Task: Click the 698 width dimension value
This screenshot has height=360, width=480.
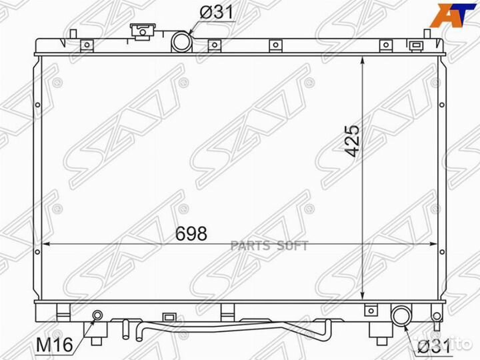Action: point(191,233)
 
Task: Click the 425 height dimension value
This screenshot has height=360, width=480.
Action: point(351,141)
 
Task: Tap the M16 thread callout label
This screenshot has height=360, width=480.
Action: point(55,345)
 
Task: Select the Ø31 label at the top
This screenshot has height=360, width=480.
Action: point(217,13)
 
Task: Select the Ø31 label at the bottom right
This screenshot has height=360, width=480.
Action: point(434,347)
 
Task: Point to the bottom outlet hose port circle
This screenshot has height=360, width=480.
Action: point(402,316)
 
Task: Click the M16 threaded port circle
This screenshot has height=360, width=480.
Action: point(97,315)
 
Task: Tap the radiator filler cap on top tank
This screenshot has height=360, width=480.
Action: point(143,31)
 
